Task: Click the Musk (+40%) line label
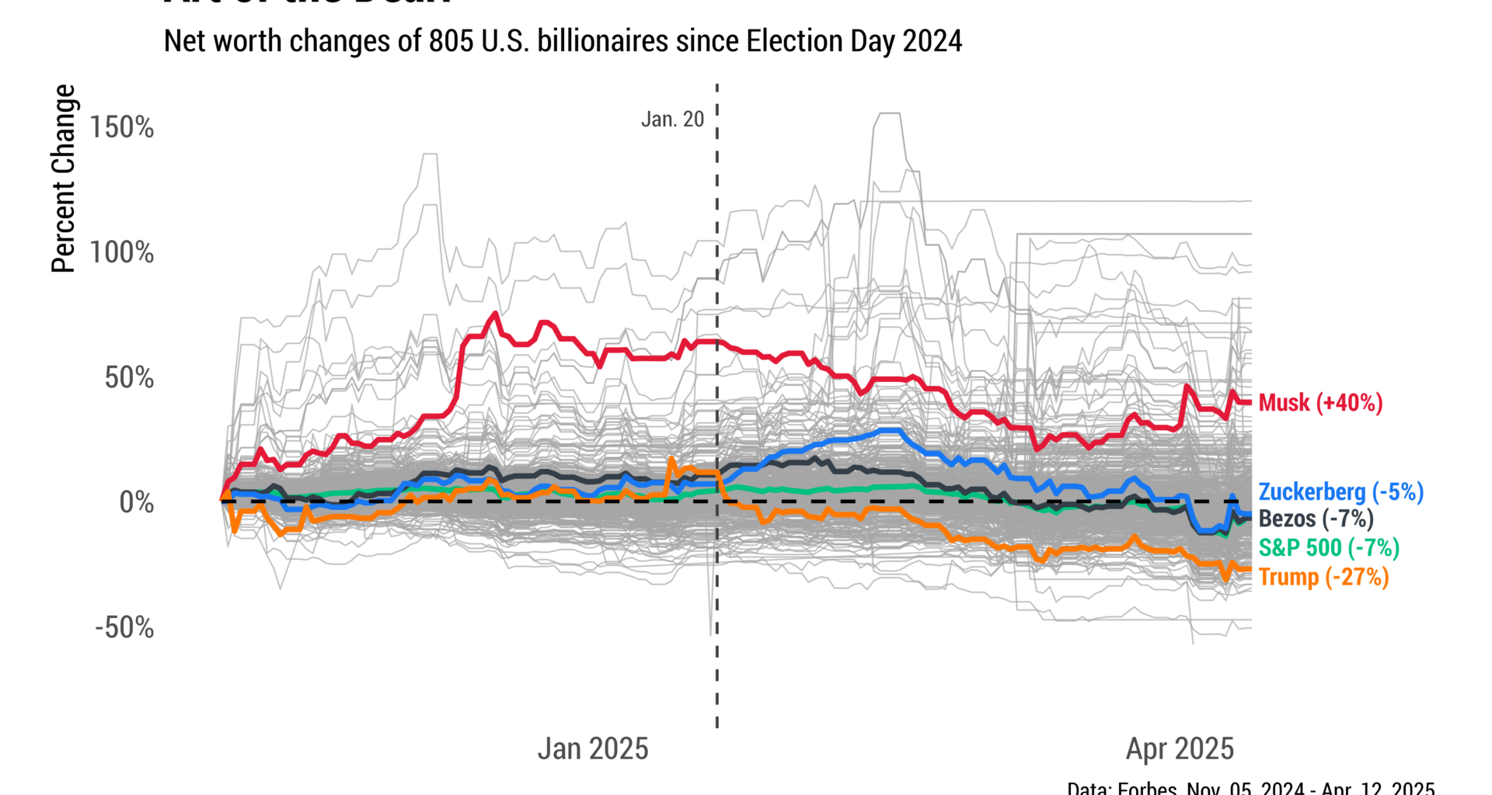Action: (1319, 403)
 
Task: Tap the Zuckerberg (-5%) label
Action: (1340, 492)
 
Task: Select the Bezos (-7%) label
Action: (1316, 519)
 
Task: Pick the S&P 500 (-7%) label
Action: (1329, 547)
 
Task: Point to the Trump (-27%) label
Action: (1323, 577)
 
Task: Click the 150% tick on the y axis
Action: (122, 127)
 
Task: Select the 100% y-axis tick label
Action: (122, 252)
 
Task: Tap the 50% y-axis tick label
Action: (129, 378)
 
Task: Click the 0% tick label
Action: (136, 502)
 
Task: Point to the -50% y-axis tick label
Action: (124, 627)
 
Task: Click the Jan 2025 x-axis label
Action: (593, 749)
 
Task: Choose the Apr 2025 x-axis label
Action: (1180, 749)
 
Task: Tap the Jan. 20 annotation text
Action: (672, 120)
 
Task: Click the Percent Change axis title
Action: (64, 179)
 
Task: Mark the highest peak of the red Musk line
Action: (495, 314)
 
